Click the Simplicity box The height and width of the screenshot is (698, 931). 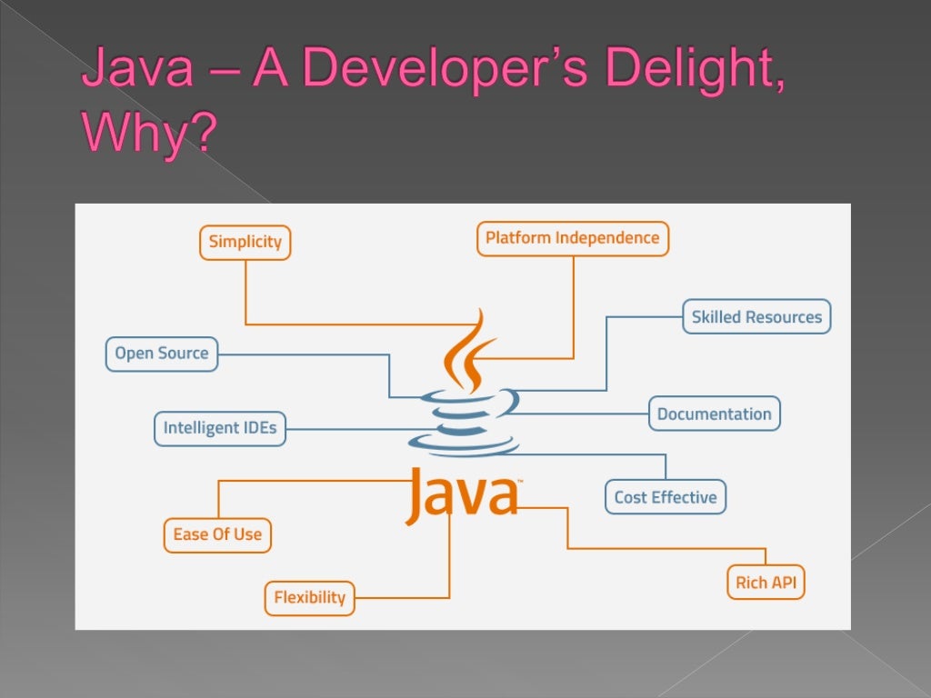245,243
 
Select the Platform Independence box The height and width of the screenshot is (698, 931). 572,238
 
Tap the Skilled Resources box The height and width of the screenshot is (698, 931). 756,317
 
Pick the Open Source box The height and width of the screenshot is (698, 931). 161,354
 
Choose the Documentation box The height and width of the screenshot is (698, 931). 714,414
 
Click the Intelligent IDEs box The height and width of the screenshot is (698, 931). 219,428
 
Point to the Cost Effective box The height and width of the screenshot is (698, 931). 665,497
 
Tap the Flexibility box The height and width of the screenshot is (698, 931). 309,597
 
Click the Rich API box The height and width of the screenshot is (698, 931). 765,583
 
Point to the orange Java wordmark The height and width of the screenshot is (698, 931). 461,495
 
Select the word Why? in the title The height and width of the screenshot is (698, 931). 150,134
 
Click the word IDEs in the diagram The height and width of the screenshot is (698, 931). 258,428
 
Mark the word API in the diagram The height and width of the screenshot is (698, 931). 783,583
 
